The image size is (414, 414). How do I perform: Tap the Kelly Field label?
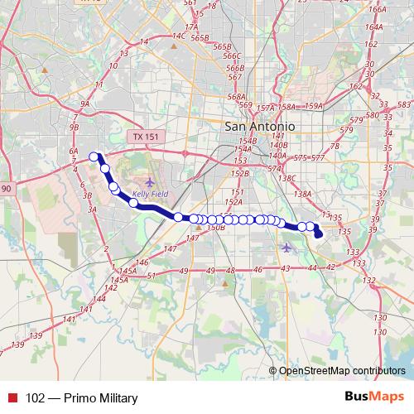[x=148, y=196]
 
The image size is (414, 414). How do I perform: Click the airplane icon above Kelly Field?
[x=149, y=182]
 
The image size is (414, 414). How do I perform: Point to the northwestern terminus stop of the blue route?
[x=94, y=156]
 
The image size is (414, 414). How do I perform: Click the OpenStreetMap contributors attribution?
[x=342, y=371]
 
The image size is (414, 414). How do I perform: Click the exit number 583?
[x=404, y=104]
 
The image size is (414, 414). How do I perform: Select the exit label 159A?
[x=314, y=106]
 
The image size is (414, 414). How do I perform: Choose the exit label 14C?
[x=178, y=36]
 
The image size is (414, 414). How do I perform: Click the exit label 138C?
[x=287, y=178]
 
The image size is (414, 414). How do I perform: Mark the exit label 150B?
[x=216, y=227]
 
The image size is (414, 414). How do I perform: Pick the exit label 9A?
[x=84, y=103]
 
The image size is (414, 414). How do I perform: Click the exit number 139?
[x=36, y=335]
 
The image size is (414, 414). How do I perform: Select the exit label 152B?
[x=240, y=174]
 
